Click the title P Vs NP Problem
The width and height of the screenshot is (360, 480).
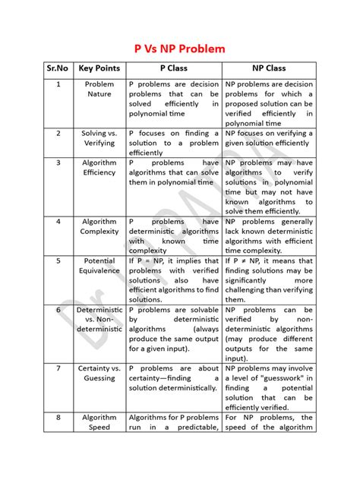[x=180, y=49]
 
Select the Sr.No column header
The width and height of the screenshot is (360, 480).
[x=58, y=69]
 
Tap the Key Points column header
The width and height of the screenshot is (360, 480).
[x=99, y=69]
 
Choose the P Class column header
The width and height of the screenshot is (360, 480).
[x=173, y=69]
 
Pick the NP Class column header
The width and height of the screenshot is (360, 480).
[x=268, y=69]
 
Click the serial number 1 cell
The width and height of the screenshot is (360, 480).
[x=58, y=84]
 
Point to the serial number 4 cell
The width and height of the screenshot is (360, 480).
[x=58, y=222]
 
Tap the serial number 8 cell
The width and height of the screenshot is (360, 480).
[x=58, y=417]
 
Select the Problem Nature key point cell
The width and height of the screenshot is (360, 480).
[x=99, y=89]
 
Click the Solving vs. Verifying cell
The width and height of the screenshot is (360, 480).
[x=99, y=137]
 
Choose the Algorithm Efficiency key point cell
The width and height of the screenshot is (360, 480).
[x=99, y=167]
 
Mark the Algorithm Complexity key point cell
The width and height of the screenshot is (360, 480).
[x=99, y=226]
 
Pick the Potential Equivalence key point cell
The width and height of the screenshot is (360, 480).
[x=99, y=265]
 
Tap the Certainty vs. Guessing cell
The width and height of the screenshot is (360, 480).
[x=99, y=373]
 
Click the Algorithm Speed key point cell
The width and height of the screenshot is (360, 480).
[x=99, y=422]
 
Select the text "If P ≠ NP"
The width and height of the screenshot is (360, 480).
[x=244, y=261]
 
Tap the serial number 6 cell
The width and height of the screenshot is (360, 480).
[x=58, y=310]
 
